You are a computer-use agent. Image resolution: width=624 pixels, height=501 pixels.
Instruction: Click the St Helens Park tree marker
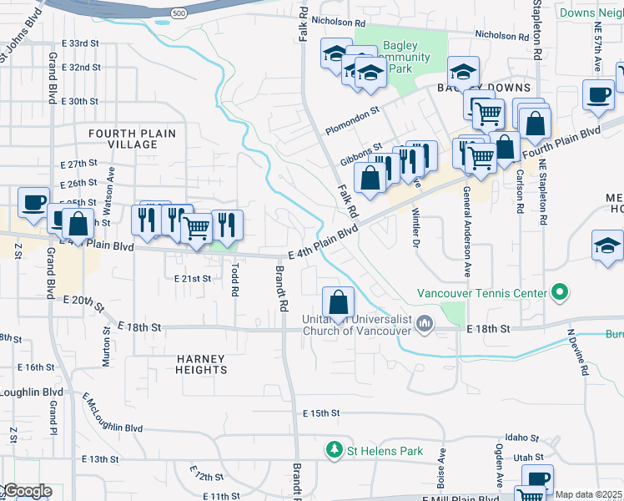[335, 451]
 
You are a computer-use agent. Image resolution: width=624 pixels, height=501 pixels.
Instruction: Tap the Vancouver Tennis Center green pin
[560, 293]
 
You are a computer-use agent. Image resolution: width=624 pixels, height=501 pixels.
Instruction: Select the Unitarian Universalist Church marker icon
[425, 323]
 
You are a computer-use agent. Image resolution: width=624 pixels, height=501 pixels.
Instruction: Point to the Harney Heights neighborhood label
[201, 363]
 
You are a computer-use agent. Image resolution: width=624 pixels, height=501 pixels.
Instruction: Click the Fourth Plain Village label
[123, 139]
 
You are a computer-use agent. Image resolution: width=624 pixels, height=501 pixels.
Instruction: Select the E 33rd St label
[81, 43]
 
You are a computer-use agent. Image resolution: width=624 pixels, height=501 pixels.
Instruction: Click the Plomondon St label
[353, 109]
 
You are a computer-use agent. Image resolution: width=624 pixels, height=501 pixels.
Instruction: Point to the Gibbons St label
[360, 155]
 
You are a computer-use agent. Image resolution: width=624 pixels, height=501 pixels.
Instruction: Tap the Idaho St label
[525, 438]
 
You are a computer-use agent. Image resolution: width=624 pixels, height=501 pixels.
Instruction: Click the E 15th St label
[321, 413]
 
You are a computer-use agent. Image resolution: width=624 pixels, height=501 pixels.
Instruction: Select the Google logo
[27, 491]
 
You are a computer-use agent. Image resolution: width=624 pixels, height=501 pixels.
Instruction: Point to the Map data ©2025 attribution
[588, 495]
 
